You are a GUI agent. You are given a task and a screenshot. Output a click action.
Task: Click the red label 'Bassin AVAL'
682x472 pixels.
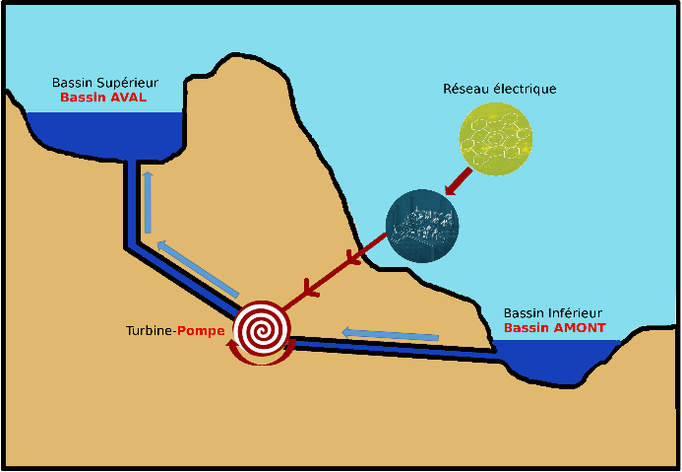[103, 98]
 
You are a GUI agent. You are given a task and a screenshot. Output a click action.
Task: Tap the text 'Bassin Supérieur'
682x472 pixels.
[105, 83]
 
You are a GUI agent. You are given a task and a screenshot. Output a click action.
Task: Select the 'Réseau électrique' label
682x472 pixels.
[500, 89]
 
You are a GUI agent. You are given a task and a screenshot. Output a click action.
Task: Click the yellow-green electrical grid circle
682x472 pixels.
[496, 139]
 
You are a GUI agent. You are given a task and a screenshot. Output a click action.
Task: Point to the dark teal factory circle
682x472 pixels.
[422, 226]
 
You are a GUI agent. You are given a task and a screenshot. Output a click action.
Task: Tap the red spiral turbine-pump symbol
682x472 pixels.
[262, 327]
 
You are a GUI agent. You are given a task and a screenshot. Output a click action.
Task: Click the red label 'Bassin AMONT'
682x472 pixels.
[555, 328]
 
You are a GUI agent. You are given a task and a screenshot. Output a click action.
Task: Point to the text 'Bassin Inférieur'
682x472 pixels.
[553, 313]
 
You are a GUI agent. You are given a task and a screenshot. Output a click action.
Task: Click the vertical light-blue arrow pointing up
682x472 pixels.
[148, 202]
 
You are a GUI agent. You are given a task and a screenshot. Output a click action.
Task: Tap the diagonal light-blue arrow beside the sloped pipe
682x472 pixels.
[198, 269]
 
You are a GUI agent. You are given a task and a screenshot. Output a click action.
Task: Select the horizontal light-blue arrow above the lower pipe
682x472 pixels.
[390, 334]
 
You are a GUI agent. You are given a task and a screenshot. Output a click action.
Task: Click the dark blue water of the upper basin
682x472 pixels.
[105, 133]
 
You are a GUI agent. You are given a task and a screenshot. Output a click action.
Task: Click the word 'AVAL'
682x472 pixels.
[129, 98]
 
